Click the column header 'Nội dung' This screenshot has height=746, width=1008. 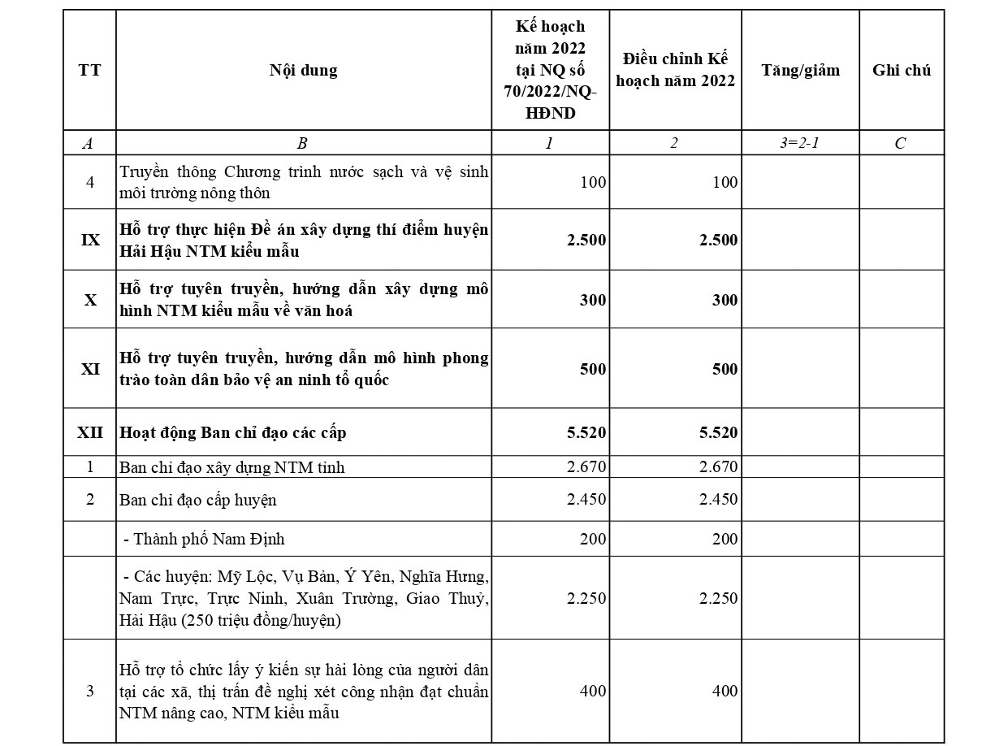(x=303, y=70)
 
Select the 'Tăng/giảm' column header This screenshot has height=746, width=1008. (x=800, y=70)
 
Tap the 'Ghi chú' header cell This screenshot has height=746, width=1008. (x=902, y=70)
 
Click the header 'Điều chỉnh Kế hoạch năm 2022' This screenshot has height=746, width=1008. (x=675, y=70)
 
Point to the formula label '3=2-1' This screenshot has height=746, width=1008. (x=800, y=143)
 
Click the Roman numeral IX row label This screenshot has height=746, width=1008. (x=90, y=241)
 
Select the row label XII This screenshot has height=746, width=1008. (x=90, y=432)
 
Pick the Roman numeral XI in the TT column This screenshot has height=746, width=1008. (x=90, y=369)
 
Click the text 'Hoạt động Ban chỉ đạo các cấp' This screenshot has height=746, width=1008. (x=233, y=432)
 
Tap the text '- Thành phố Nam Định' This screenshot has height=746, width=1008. (x=204, y=539)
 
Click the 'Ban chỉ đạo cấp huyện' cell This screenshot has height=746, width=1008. (x=197, y=500)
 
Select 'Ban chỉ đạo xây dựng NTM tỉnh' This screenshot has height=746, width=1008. (x=231, y=467)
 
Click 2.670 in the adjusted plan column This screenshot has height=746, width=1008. (x=718, y=466)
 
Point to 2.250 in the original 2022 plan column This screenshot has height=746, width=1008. (x=586, y=598)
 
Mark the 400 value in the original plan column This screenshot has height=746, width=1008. (x=593, y=691)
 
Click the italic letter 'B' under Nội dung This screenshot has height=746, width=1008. (x=302, y=143)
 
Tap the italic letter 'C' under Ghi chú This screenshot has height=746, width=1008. (x=900, y=143)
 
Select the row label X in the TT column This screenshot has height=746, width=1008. (x=90, y=300)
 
